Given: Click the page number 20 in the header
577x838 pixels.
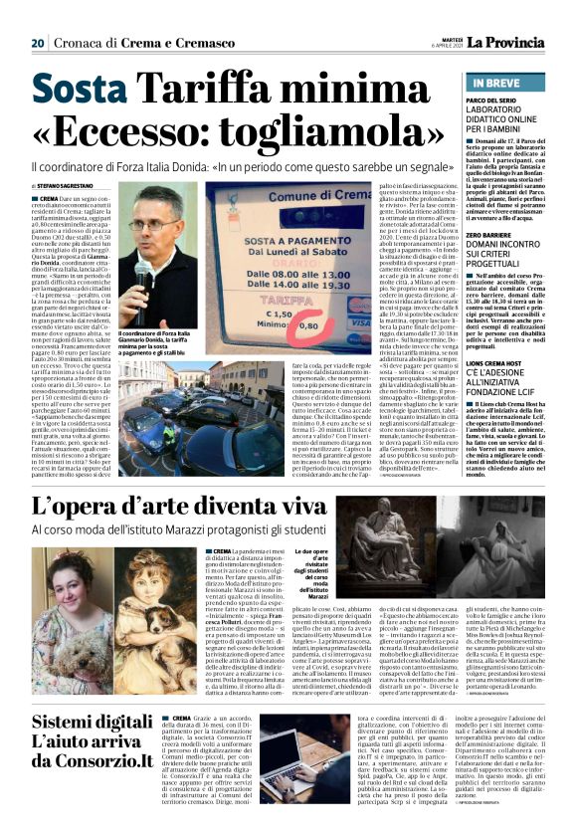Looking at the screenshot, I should tap(38, 44).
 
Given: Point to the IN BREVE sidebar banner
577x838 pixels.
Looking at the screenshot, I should tap(502, 84).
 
